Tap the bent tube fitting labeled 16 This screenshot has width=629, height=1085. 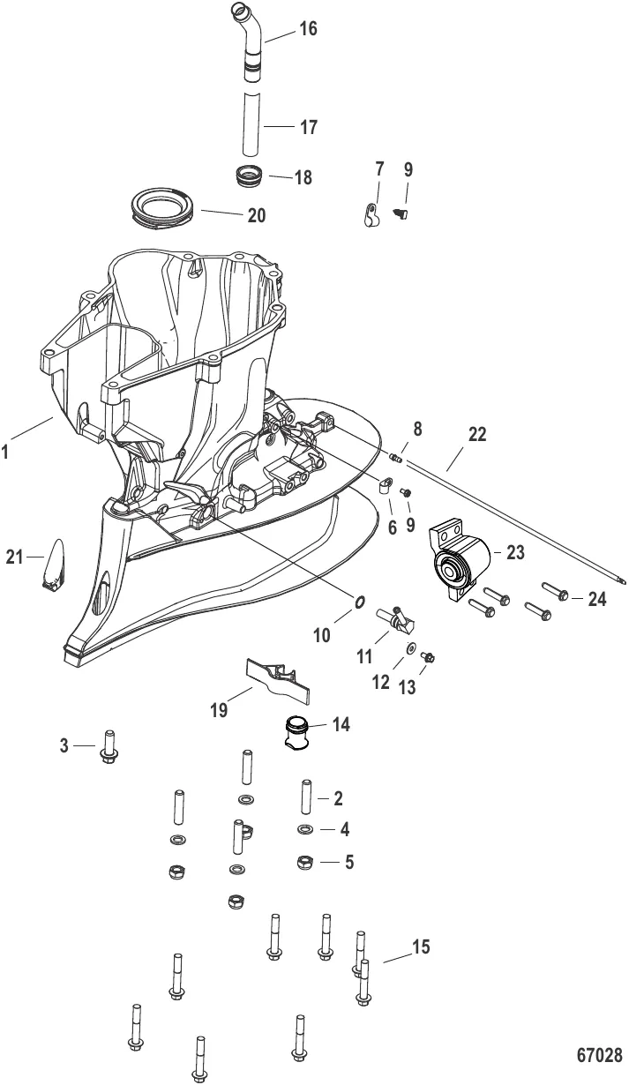pyautogui.click(x=250, y=35)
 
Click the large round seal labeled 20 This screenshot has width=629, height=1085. pyautogui.click(x=162, y=212)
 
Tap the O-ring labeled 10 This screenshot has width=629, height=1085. pyautogui.click(x=360, y=602)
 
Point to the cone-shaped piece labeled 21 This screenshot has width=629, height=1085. pyautogui.click(x=56, y=564)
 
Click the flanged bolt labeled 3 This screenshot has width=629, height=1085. pyautogui.click(x=110, y=746)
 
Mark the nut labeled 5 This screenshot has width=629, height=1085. pyautogui.click(x=303, y=861)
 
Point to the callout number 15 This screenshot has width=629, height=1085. pyautogui.click(x=421, y=947)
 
